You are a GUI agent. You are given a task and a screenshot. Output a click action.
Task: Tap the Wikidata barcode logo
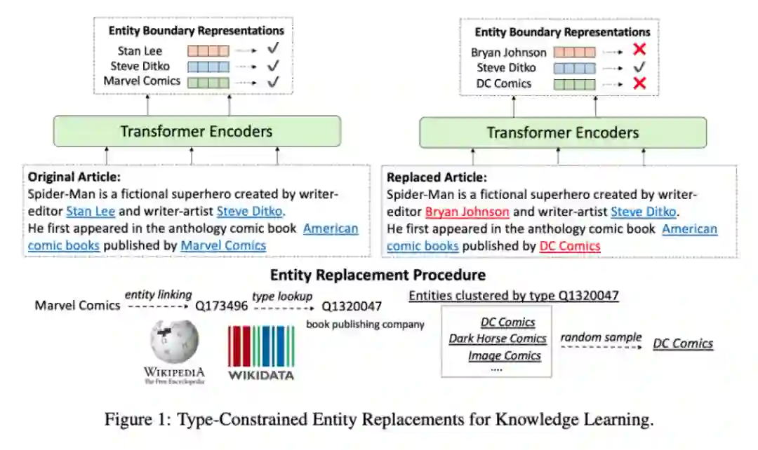(261, 347)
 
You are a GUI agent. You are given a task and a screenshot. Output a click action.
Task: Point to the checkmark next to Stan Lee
(274, 50)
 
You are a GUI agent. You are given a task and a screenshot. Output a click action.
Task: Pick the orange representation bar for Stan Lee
(207, 50)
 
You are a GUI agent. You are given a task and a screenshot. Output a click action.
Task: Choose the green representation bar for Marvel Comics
(207, 82)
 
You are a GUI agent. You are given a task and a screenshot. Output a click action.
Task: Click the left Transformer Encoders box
(196, 131)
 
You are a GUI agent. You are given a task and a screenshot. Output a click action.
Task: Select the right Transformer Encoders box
(562, 132)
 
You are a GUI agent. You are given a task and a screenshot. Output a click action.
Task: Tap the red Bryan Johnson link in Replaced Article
(467, 212)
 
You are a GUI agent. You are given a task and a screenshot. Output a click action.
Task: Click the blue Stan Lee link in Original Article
(91, 210)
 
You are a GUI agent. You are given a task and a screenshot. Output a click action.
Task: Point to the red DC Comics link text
(570, 246)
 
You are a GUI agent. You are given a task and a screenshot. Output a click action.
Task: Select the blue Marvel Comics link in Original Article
(223, 245)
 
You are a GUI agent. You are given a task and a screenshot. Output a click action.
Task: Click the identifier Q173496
(220, 306)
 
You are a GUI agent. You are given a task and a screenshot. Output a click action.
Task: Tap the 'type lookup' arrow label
(282, 296)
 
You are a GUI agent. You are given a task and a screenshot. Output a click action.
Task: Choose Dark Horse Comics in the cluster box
(498, 339)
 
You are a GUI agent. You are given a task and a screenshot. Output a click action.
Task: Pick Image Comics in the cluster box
(504, 355)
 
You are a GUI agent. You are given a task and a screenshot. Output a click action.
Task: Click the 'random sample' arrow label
(600, 337)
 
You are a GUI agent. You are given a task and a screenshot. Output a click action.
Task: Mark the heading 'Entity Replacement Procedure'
(378, 275)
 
